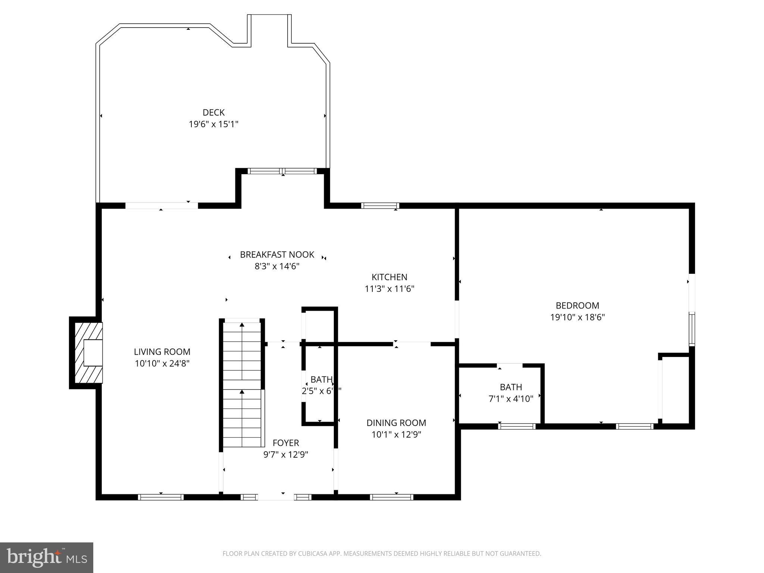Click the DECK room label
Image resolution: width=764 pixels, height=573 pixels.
coord(213,112)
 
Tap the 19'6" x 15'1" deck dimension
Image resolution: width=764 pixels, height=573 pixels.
coord(213,124)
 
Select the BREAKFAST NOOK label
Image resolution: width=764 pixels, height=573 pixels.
coord(277,255)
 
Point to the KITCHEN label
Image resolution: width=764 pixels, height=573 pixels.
coord(389,277)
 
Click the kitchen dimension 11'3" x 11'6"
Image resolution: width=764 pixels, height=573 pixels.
coord(389,289)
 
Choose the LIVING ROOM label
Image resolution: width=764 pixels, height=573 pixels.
coord(162,352)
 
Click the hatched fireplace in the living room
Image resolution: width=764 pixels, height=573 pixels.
coord(88,353)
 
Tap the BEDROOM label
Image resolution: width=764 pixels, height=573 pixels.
coord(577,306)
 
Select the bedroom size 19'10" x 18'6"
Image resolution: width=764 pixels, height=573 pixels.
coord(577,317)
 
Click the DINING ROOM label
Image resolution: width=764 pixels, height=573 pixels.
coord(396,423)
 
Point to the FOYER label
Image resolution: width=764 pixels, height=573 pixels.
coord(286,443)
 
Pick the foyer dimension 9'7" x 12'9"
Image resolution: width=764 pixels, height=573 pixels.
coord(286,455)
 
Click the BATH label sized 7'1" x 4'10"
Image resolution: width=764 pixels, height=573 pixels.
coord(511,387)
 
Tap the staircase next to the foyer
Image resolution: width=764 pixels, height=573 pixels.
coord(242,384)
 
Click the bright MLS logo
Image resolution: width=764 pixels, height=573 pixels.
coord(47,557)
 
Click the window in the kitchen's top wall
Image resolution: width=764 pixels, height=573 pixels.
coord(380,206)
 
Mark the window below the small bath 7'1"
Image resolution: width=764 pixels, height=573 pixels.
coord(517,426)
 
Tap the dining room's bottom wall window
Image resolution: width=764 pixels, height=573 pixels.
coord(391,497)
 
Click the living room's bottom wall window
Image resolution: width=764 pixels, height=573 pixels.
coord(161,497)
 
